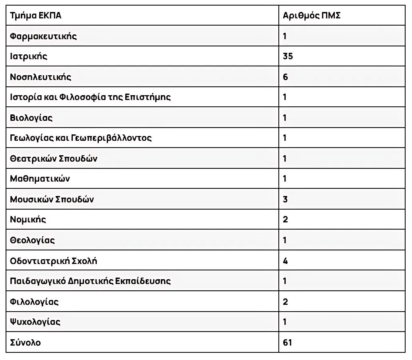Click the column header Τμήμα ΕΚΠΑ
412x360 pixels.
[36, 16]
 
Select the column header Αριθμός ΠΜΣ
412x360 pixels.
[312, 16]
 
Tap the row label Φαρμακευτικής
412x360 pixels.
[43, 36]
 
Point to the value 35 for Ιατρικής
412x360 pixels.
[288, 56]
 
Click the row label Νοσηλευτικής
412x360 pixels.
[40, 77]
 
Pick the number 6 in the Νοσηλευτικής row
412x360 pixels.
[285, 77]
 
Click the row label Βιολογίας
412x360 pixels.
[31, 118]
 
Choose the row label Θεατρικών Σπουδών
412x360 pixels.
[54, 159]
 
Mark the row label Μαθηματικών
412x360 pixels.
[40, 179]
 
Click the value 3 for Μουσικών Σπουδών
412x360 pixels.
[285, 199]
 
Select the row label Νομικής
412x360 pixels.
[28, 220]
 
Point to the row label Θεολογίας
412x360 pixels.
[32, 240]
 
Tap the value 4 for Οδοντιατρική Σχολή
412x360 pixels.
[285, 261]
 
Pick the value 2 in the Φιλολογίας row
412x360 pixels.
[285, 302]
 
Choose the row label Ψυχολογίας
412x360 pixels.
[35, 322]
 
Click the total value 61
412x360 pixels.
[287, 342]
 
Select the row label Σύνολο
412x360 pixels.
[25, 342]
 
